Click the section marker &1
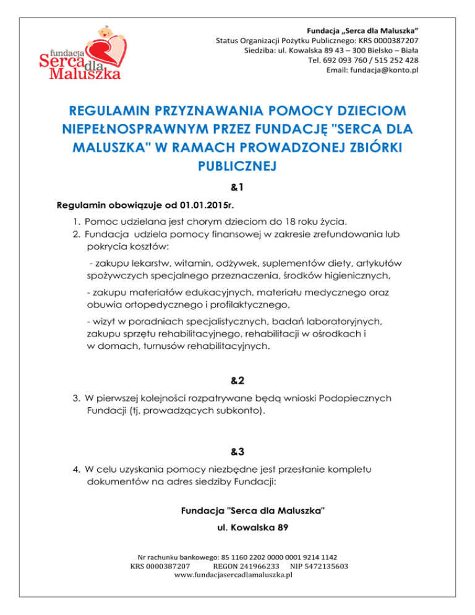click(237, 186)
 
